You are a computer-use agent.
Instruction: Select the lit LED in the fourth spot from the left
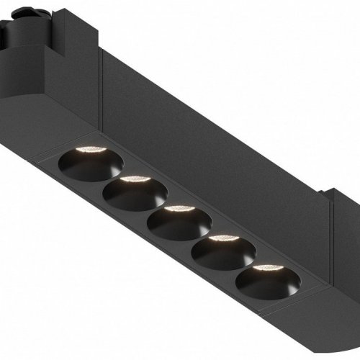(223, 240)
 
